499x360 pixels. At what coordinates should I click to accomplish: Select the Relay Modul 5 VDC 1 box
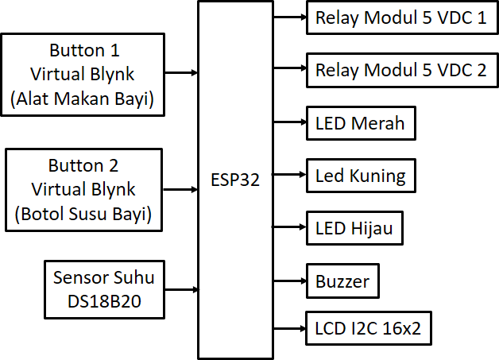tap(400, 17)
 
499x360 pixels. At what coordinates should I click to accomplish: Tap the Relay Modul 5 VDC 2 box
tap(400, 70)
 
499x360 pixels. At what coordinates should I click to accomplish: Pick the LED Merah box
tap(360, 123)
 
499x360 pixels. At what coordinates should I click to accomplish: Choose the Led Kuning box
tap(360, 176)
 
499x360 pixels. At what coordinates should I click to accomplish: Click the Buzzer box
tap(342, 281)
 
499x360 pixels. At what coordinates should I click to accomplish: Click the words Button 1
tap(84, 52)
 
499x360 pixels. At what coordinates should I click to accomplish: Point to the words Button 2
tap(83, 166)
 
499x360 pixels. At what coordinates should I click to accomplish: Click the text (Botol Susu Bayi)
tap(83, 214)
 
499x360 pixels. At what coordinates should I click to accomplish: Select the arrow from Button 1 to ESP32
tap(181, 72)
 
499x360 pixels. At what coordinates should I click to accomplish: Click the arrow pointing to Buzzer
tap(290, 281)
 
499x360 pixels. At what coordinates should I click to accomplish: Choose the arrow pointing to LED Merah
tap(290, 123)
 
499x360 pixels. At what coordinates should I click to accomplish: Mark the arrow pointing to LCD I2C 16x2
tap(290, 327)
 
